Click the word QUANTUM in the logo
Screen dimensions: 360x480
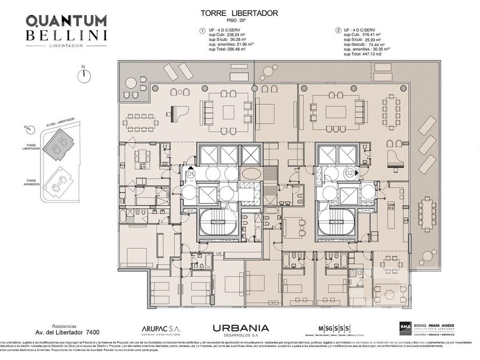click(66, 21)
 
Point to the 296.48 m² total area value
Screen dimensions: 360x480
click(234, 49)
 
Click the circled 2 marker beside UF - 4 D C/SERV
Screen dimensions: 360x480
click(338, 30)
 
